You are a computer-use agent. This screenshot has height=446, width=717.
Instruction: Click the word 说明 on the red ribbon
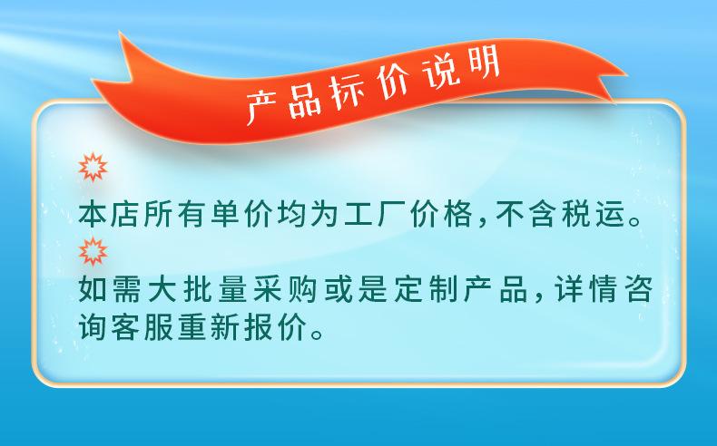[x=461, y=69]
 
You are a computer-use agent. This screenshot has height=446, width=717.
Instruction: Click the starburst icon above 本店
[x=93, y=167]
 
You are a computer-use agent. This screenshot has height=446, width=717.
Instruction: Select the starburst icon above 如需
[x=93, y=251]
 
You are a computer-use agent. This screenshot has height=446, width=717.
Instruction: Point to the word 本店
[x=110, y=214]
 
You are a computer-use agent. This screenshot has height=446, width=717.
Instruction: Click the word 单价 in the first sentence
[x=243, y=214]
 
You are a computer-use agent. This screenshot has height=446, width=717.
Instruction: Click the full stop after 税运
[x=634, y=222]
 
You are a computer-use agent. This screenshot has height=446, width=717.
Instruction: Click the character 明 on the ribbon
[x=483, y=64]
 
